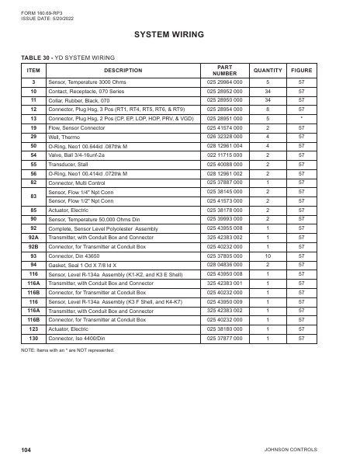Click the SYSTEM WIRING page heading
click(x=169, y=35)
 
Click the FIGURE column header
click(x=302, y=70)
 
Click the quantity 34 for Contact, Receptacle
click(x=268, y=91)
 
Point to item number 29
click(x=33, y=136)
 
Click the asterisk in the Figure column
click(x=302, y=118)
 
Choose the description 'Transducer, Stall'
click(x=71, y=164)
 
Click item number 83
click(x=33, y=196)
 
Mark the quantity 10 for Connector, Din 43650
click(x=268, y=255)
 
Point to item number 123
click(x=33, y=329)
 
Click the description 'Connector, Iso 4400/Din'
click(x=81, y=339)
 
